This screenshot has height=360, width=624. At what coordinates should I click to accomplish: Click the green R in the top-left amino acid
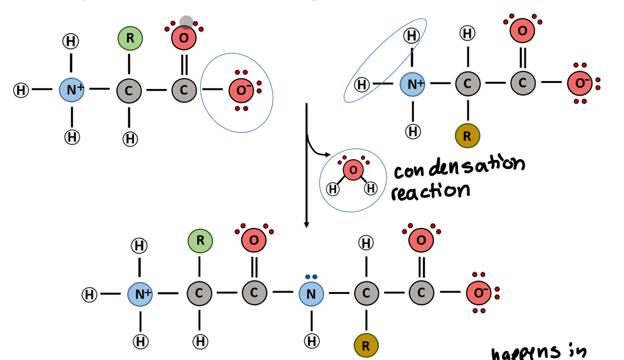point(130,39)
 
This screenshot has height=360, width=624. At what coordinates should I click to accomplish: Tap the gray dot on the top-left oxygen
point(186,22)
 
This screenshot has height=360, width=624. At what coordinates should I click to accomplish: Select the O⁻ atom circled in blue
point(241,90)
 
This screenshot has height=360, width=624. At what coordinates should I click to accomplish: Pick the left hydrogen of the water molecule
point(333,189)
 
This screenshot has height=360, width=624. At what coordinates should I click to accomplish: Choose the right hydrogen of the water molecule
point(371,188)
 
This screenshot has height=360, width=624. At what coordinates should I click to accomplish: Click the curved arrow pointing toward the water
point(318,150)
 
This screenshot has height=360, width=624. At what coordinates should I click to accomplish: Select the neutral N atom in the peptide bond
point(311,294)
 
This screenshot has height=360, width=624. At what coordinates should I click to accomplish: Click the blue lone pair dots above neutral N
point(311,277)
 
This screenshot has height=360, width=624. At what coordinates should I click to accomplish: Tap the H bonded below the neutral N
point(311,341)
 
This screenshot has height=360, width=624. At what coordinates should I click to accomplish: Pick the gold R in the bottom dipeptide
point(366,346)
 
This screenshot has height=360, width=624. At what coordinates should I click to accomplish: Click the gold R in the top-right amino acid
point(467,136)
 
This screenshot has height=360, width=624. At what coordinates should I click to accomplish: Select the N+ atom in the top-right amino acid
point(413,84)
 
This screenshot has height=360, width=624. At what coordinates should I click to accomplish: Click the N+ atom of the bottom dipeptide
point(140,294)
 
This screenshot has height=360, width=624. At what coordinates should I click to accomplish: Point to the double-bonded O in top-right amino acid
point(522,30)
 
